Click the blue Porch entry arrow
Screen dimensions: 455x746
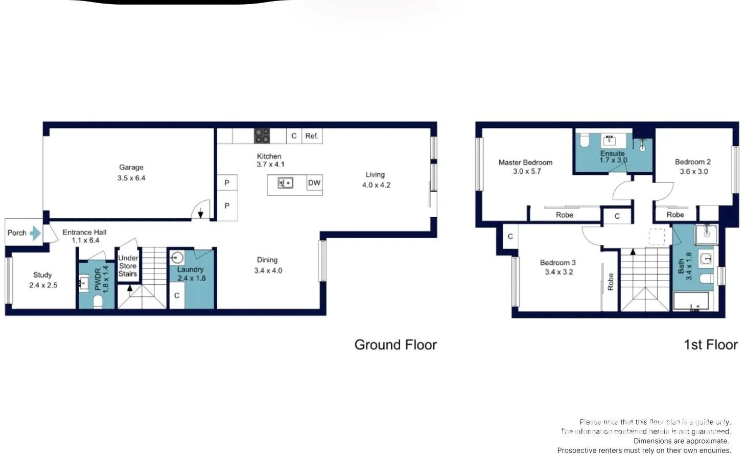pos(35,233)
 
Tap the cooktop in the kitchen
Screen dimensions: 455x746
pos(262,136)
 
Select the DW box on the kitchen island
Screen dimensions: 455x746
pos(314,183)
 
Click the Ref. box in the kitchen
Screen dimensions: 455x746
pos(312,136)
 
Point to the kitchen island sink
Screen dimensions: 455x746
pos(285,183)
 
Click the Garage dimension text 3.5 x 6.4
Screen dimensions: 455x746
pos(131,178)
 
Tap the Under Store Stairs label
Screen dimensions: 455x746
pos(128,266)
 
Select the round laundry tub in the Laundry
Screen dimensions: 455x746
pos(177,257)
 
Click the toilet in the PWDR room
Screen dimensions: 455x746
pos(98,302)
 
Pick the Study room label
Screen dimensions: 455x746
pos(42,275)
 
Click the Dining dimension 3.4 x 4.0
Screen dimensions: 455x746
pos(268,270)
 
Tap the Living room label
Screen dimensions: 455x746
pos(375,175)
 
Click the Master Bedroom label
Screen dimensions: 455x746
pos(525,163)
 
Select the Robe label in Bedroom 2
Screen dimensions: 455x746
pos(675,215)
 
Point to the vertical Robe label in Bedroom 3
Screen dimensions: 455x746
pos(610,282)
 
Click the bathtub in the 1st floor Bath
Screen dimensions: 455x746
pos(691,301)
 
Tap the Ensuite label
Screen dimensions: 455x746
pos(612,153)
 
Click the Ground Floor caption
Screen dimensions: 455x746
pos(395,345)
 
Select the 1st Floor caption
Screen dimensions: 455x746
pos(710,345)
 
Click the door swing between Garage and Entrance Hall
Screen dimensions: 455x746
pos(201,210)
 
